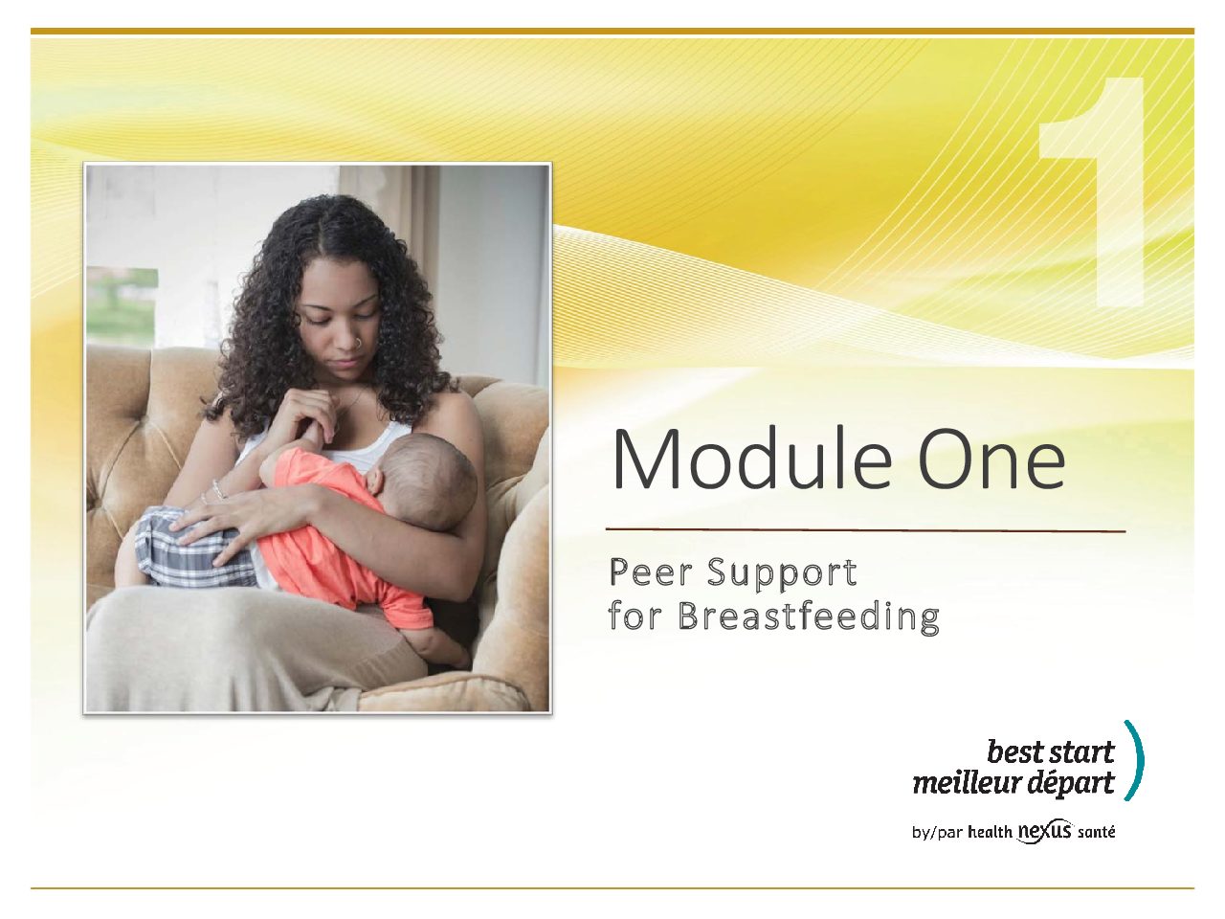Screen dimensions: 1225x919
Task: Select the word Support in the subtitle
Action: coord(783,576)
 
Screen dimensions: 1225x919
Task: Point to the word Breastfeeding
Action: coord(810,619)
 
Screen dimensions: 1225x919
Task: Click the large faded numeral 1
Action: coord(1091,191)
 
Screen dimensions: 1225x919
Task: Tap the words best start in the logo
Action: coord(1051,751)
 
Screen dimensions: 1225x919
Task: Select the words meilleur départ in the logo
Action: coord(1013,782)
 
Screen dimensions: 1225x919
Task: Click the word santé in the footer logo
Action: coord(1097,832)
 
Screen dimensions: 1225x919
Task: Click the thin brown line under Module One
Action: coord(865,529)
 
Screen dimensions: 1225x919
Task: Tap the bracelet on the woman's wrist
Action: coord(219,490)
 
